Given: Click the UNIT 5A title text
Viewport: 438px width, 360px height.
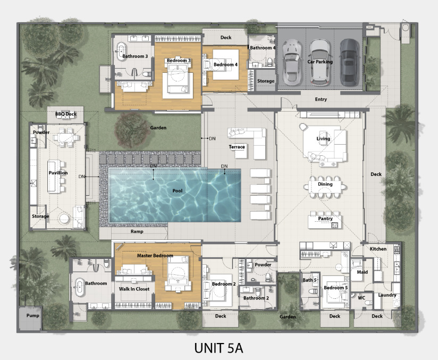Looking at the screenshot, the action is click(x=218, y=348).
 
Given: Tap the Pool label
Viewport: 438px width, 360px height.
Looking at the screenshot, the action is click(x=178, y=191).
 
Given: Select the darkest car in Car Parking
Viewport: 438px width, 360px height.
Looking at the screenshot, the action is click(x=349, y=62).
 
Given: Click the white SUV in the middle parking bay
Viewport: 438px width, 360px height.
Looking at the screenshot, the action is click(x=320, y=62).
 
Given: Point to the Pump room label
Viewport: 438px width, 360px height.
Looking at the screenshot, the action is click(x=32, y=315).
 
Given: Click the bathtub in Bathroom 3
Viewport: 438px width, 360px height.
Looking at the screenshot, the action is click(x=121, y=52).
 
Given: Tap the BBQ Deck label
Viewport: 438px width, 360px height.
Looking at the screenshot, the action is click(x=66, y=114).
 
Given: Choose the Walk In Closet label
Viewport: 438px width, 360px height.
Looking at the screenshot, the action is click(x=134, y=289).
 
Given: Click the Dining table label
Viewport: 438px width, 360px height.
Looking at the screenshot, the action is click(x=325, y=184).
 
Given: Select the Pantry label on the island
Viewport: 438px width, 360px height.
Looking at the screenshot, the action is click(x=325, y=219).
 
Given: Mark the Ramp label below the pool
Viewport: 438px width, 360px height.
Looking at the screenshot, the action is click(x=137, y=231).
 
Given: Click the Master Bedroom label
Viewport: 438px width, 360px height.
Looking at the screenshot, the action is click(x=155, y=256).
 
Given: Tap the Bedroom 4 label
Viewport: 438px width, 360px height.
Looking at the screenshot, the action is click(x=225, y=64).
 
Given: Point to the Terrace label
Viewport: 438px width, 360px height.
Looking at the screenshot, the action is click(x=237, y=147).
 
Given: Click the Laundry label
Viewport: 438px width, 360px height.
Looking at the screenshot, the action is click(x=387, y=295).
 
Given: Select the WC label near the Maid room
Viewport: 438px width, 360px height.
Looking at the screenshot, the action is click(x=361, y=298).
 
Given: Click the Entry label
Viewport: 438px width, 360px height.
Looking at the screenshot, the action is click(x=321, y=99).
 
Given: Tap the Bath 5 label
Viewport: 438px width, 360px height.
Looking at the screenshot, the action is click(x=310, y=280).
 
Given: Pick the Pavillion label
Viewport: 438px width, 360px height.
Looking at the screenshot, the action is click(x=58, y=173).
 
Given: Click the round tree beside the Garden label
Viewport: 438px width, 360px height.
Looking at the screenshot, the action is click(x=132, y=130).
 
